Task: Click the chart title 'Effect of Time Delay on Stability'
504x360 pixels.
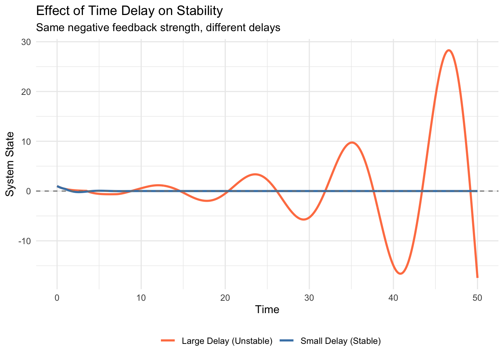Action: click(129, 11)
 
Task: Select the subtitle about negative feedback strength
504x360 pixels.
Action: click(158, 28)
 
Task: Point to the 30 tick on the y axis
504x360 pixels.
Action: click(26, 42)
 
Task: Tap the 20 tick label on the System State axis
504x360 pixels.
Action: click(26, 91)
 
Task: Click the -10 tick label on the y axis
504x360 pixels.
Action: click(24, 241)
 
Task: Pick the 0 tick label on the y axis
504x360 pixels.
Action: click(28, 191)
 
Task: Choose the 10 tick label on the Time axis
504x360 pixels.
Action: click(141, 298)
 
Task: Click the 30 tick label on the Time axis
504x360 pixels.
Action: click(309, 298)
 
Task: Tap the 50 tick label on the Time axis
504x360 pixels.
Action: click(477, 298)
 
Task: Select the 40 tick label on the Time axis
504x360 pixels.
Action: click(393, 298)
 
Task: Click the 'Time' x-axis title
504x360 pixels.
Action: click(267, 310)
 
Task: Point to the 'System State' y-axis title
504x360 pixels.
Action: click(10, 164)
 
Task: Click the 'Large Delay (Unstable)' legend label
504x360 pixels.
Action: click(227, 341)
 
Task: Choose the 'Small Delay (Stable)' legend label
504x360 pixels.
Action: click(340, 341)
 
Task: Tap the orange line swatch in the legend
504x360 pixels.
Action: click(168, 341)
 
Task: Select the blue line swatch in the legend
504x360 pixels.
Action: click(287, 341)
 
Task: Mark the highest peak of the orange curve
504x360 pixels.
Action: click(448, 50)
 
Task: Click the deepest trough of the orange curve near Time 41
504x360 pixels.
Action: click(400, 273)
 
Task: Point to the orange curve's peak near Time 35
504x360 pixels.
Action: click(352, 142)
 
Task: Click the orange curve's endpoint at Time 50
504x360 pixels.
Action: click(477, 277)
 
